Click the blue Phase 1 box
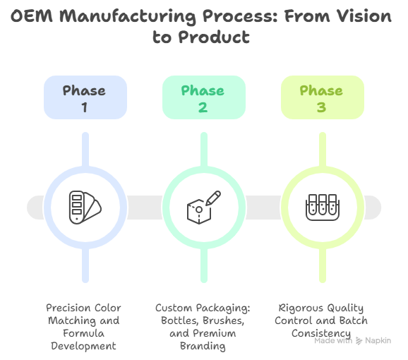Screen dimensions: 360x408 [x=85, y=98]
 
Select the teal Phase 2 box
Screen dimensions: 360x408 [x=203, y=98]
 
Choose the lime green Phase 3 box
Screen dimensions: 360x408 [x=323, y=98]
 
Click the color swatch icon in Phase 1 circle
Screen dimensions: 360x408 [x=85, y=207]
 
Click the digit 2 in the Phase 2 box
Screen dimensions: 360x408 [x=203, y=107]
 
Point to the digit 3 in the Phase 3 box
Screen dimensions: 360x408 [x=323, y=107]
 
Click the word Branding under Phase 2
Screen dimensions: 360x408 [x=203, y=346]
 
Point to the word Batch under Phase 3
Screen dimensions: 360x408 [x=354, y=320]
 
